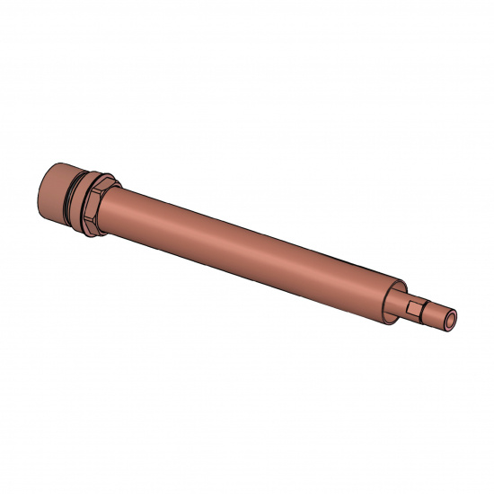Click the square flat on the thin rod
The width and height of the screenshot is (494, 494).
tap(415, 308)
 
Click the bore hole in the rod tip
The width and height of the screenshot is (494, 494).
tap(450, 317)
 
